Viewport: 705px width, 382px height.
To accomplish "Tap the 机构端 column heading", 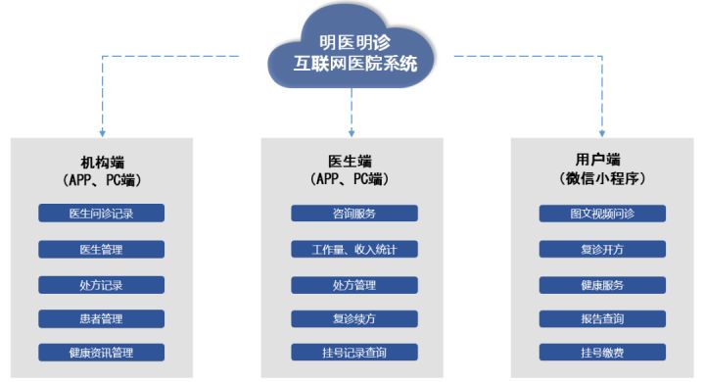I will [x=102, y=161].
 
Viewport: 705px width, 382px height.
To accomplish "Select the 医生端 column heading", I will [x=353, y=161].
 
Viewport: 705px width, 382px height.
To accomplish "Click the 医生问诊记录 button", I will [x=101, y=214].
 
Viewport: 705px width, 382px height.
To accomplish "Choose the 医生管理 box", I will [x=101, y=249].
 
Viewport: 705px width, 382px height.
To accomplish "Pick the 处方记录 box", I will [x=101, y=285].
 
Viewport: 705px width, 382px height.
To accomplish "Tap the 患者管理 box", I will [x=101, y=318].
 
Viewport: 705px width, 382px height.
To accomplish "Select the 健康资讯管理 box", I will [x=101, y=353].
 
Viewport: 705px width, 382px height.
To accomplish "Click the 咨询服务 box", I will [x=353, y=214].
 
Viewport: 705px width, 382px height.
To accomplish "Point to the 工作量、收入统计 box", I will [x=353, y=249].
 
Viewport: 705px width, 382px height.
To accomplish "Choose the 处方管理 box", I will [x=353, y=285].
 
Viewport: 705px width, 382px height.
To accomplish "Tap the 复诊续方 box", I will [x=353, y=318].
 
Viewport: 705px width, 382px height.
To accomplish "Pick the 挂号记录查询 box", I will [x=353, y=353].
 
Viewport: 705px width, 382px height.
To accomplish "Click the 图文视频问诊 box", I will [x=603, y=214].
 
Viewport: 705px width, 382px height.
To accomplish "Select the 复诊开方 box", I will [x=603, y=249].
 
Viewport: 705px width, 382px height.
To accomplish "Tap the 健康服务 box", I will [x=603, y=285].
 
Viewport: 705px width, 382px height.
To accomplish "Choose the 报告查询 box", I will [x=603, y=318].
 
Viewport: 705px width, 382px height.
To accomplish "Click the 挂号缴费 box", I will [x=603, y=353].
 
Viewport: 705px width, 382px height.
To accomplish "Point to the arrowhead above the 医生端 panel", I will [x=352, y=129].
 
